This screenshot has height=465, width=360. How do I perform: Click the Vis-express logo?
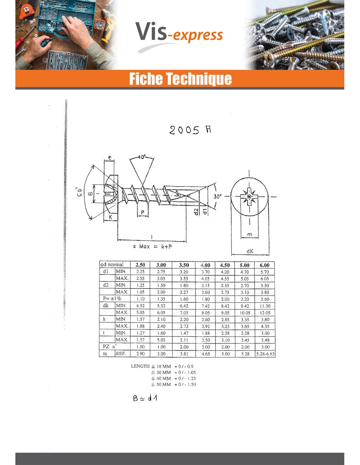coord(179,34)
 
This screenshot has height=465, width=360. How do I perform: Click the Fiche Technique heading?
coord(180,79)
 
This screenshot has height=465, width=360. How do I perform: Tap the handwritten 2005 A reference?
coord(190,130)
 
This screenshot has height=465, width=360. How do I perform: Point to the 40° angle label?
coord(141,157)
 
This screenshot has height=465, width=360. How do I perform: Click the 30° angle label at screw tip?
coord(217,197)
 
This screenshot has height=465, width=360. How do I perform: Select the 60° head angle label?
coord(78,192)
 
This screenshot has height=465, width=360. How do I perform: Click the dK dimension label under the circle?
coord(250,251)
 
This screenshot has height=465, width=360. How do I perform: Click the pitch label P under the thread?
coord(143,213)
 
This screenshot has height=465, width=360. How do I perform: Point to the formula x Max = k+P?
coord(152,247)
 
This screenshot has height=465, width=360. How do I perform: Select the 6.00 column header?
coord(264,265)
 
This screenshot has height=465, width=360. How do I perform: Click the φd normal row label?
coord(112,265)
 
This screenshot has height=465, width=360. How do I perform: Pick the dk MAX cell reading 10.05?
coord(245,313)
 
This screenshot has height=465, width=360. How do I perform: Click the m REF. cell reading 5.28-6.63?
coord(265,354)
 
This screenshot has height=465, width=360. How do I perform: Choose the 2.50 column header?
coord(140,265)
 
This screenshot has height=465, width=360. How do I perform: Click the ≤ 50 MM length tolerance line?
coord(173,385)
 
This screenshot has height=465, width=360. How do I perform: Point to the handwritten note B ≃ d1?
coord(145,398)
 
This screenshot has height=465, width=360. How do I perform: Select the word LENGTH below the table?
coord(140,366)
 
